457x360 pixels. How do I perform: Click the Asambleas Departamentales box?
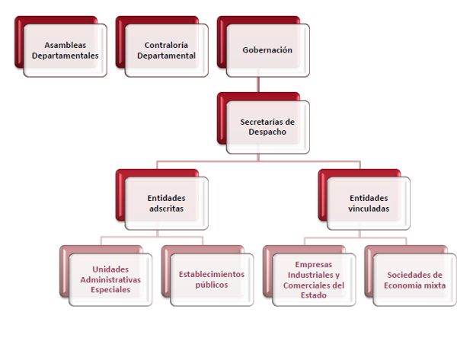pyautogui.click(x=71, y=50)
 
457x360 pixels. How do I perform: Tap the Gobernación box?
pyautogui.click(x=267, y=50)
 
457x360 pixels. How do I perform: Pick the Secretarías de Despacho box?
pyautogui.click(x=267, y=126)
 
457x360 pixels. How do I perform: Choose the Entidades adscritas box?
pyautogui.click(x=166, y=202)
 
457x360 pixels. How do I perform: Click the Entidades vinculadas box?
pyautogui.click(x=369, y=202)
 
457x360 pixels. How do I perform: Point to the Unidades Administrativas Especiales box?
pyautogui.click(x=110, y=279)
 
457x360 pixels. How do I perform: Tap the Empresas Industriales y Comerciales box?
pyautogui.click(x=314, y=279)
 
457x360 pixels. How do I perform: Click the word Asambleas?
pyautogui.click(x=71, y=45)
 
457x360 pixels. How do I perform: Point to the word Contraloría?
pyautogui.click(x=166, y=45)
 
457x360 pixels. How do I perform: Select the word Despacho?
pyautogui.click(x=267, y=132)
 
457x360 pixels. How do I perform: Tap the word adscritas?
pyautogui.click(x=166, y=208)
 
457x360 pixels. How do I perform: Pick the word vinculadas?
pyautogui.click(x=369, y=208)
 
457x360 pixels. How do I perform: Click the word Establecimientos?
pyautogui.click(x=212, y=274)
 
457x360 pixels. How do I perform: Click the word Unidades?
pyautogui.click(x=110, y=269)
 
